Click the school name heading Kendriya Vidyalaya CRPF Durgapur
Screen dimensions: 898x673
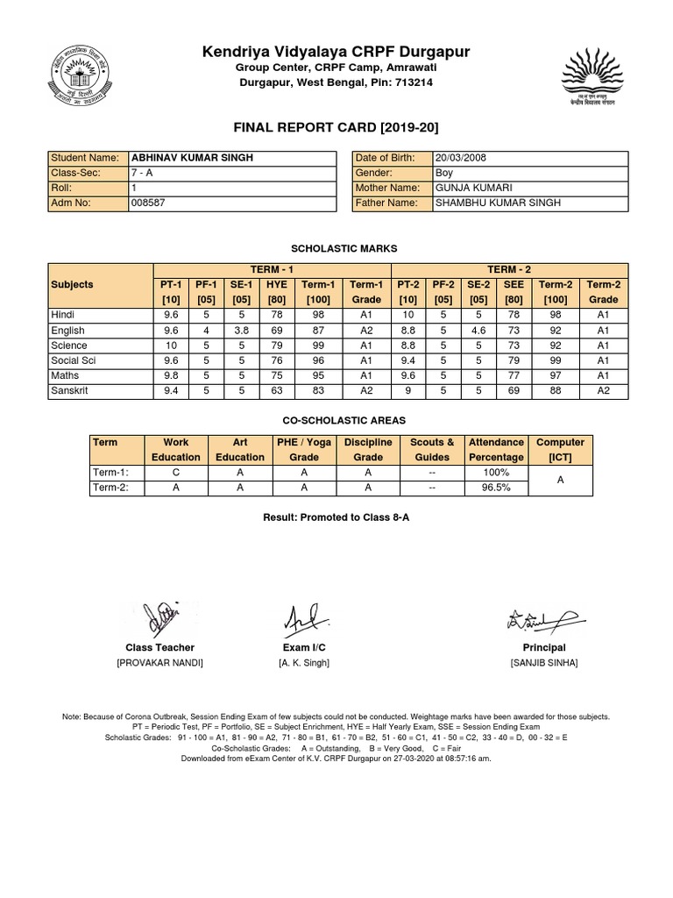click(x=336, y=53)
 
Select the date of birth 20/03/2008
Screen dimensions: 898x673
click(x=464, y=158)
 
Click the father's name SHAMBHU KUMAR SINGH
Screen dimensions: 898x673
click(x=497, y=203)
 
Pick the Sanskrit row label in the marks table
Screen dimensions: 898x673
click(x=72, y=391)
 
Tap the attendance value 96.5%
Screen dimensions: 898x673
click(x=496, y=488)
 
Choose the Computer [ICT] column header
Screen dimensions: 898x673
click(x=559, y=450)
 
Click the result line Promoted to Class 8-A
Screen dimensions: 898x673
click(x=336, y=517)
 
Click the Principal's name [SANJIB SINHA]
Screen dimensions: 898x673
click(x=544, y=663)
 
